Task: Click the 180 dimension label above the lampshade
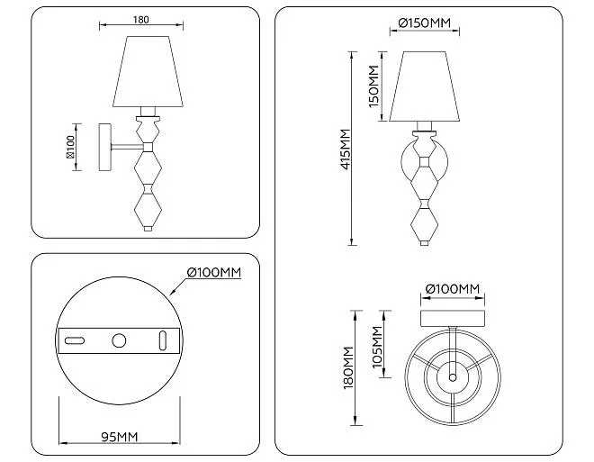tap(141, 20)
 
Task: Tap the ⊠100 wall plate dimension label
tap(70, 147)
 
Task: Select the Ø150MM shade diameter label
tap(425, 23)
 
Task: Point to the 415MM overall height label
tap(346, 149)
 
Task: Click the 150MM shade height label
tap(373, 86)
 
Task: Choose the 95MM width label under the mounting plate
tap(120, 437)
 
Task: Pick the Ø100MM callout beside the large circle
tap(214, 272)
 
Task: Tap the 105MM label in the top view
tap(377, 347)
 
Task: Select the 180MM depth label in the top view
tap(348, 367)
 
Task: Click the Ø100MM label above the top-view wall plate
tap(453, 289)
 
